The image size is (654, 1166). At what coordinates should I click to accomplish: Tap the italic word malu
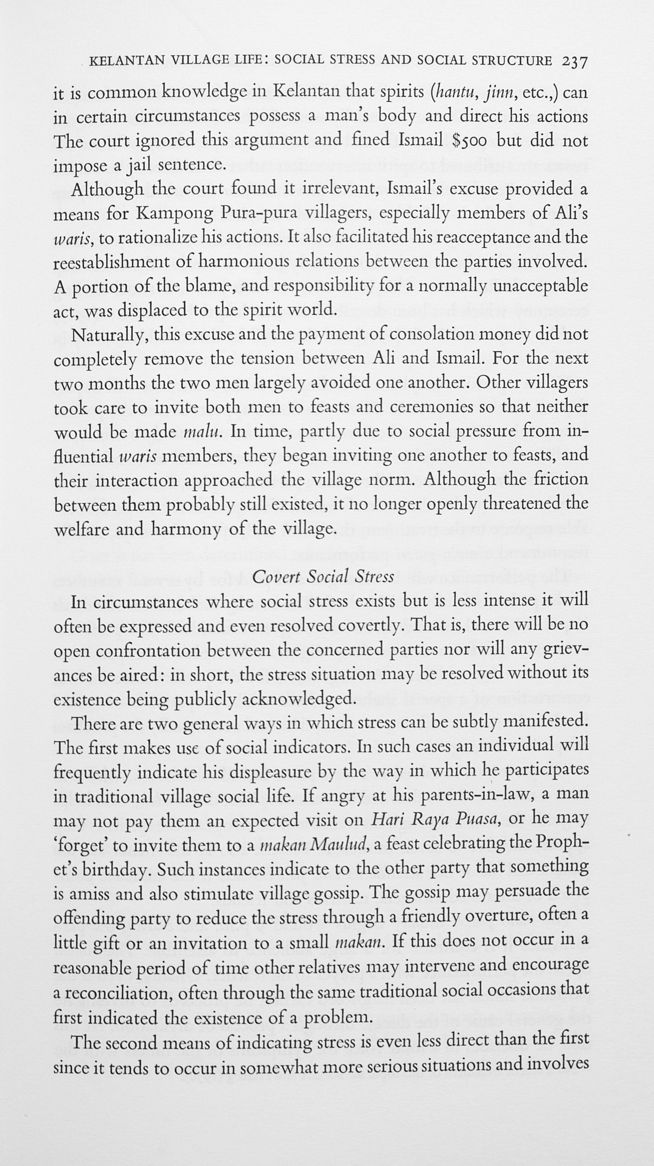point(198,431)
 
